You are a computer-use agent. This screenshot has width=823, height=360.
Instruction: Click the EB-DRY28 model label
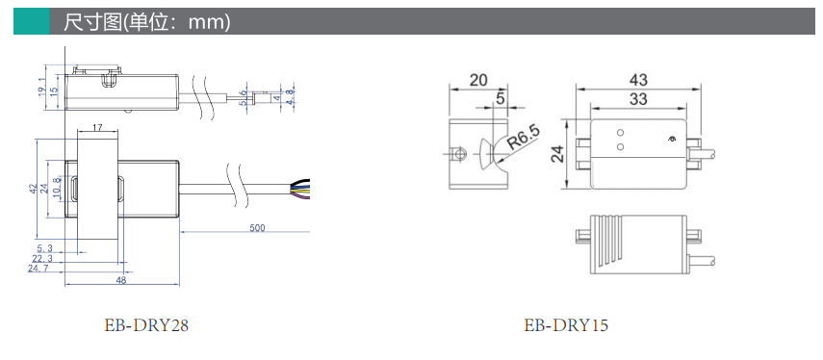click(146, 325)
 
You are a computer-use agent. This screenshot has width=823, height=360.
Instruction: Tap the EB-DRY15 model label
click(566, 325)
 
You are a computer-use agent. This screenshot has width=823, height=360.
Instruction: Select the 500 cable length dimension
click(257, 228)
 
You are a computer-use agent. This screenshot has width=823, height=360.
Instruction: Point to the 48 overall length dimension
click(120, 280)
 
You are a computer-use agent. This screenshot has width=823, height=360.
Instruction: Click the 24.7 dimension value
click(38, 269)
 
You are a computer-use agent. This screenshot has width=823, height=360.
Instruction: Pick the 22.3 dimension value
click(42, 258)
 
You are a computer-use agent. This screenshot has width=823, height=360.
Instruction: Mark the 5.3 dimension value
click(44, 248)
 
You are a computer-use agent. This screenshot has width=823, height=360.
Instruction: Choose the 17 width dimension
click(96, 127)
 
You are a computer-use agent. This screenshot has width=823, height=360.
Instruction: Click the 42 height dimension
click(33, 189)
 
